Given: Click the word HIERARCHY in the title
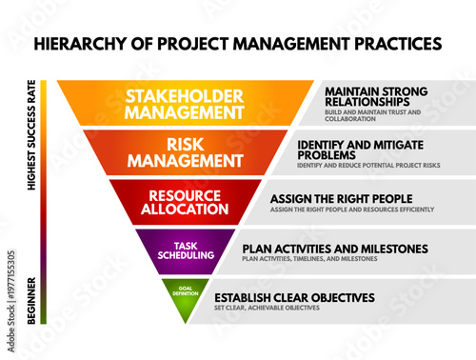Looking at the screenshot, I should click(78, 44).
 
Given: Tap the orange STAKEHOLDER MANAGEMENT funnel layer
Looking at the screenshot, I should click(187, 103).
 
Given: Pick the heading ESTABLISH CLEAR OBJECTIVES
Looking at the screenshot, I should click(294, 297).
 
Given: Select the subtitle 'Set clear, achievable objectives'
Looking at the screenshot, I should click(266, 308).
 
